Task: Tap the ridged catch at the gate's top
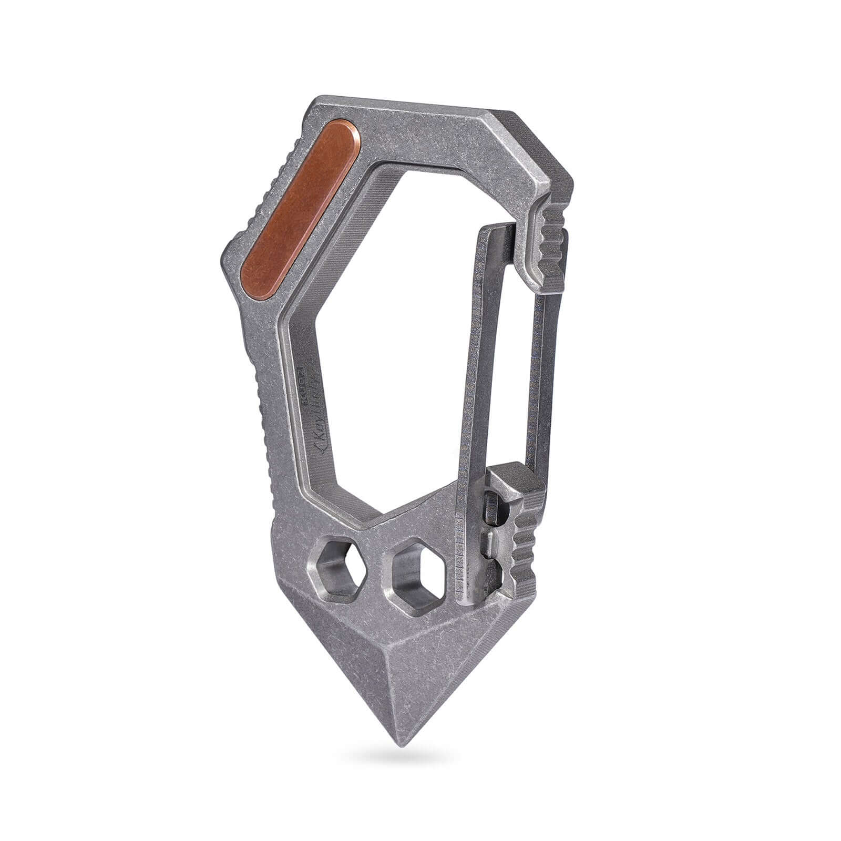coord(552,231)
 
